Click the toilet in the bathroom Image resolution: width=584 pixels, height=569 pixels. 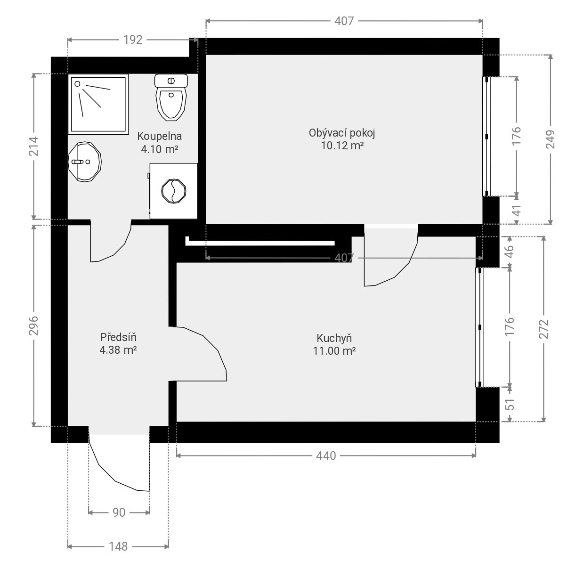click(x=171, y=97)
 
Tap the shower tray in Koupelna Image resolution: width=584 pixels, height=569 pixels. click(x=98, y=104)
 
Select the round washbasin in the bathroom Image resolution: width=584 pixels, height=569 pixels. click(x=85, y=162)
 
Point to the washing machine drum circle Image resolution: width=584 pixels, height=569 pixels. click(x=174, y=191)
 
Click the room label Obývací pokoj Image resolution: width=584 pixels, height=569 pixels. click(x=342, y=133)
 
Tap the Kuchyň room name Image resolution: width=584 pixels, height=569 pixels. click(x=334, y=338)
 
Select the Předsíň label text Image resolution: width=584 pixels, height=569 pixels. click(x=118, y=337)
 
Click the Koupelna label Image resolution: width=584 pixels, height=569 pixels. click(x=159, y=136)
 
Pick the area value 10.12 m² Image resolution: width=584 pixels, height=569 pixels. click(x=342, y=146)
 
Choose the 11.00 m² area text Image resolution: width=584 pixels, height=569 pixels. click(x=334, y=351)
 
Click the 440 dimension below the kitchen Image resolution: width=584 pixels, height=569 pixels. click(x=326, y=456)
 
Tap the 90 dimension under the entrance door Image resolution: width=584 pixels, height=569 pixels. click(x=119, y=512)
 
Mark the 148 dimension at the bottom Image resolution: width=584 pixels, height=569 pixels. click(x=118, y=546)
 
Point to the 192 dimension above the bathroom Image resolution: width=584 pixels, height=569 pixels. click(x=133, y=40)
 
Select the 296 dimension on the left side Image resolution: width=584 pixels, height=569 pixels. click(x=33, y=325)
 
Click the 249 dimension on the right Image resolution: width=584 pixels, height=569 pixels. click(x=551, y=139)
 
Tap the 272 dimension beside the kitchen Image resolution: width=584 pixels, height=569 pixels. click(x=543, y=329)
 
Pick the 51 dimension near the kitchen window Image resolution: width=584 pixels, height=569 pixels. click(x=510, y=404)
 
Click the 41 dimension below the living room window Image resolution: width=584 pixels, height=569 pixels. click(x=517, y=211)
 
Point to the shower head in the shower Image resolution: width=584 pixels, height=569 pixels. click(x=77, y=84)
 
